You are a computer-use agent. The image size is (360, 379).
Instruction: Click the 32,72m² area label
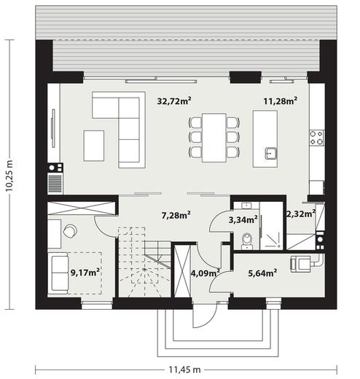point(174,101)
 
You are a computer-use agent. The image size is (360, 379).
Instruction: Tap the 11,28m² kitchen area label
point(281,101)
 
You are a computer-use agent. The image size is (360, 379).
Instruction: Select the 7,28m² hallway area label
point(176,215)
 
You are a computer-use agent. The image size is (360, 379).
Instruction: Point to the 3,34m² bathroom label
point(243,220)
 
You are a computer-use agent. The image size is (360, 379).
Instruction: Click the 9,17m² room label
point(85,273)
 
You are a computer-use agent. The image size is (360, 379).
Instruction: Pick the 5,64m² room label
point(262,273)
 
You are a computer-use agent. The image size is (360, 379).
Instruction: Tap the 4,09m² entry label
point(206,273)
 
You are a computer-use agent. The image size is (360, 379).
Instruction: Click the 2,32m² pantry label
point(301,214)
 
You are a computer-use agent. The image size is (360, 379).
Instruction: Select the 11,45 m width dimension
point(185,370)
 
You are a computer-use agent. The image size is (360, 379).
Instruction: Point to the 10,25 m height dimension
point(9,175)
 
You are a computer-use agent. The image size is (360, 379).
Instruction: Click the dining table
point(214,138)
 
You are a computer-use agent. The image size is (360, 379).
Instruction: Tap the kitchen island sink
point(271,153)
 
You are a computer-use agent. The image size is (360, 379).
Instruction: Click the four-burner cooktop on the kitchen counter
point(316,138)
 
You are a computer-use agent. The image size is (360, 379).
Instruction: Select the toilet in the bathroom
point(247,241)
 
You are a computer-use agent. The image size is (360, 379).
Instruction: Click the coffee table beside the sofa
point(94,146)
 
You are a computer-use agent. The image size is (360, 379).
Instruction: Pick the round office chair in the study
point(70,230)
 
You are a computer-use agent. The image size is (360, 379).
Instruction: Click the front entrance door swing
point(205,316)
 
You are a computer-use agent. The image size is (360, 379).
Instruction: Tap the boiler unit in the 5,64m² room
point(300,264)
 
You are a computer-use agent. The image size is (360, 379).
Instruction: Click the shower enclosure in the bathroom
point(271,225)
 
